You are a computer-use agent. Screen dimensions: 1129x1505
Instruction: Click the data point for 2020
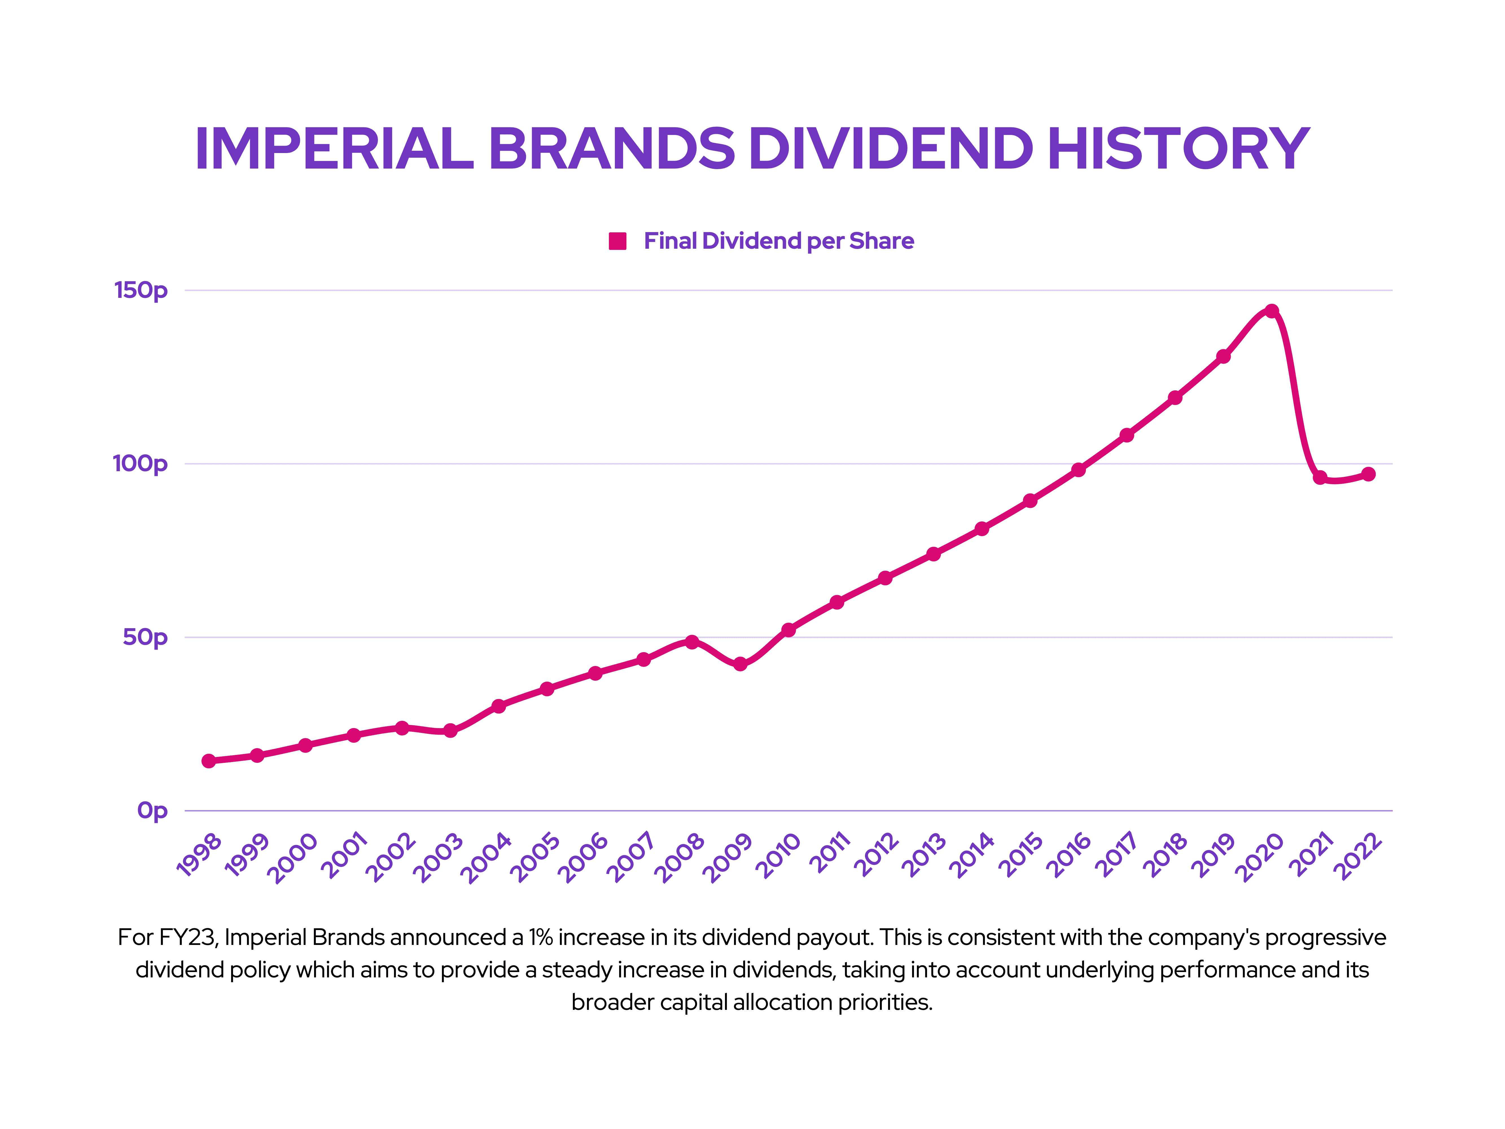[x=1271, y=311]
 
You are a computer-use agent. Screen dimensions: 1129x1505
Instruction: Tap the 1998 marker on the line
[x=209, y=761]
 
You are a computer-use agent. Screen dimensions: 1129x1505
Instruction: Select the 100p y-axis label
[x=140, y=464]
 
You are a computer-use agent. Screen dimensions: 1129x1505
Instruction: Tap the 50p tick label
[x=145, y=638]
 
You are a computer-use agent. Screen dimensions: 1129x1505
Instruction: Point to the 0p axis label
[x=152, y=811]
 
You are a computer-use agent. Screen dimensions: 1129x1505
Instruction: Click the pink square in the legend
[x=617, y=241]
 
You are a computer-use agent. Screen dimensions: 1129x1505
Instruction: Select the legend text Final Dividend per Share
[x=778, y=241]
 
